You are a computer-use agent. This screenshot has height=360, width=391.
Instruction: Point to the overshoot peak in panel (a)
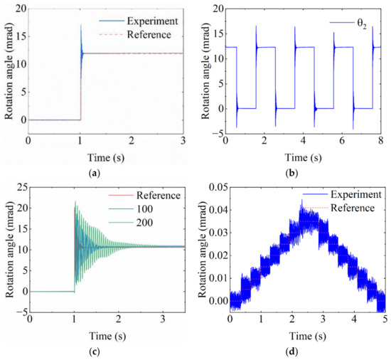coord(80,26)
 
